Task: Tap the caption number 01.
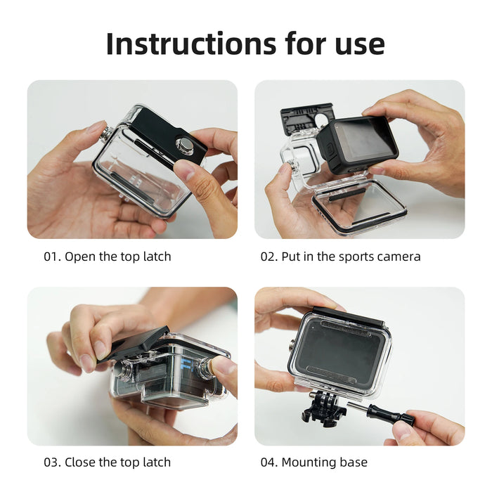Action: point(51,257)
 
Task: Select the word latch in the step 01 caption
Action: point(155,257)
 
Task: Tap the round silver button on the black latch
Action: point(184,145)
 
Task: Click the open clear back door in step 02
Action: point(358,206)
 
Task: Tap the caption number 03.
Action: point(51,462)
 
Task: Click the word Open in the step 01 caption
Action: point(80,257)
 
